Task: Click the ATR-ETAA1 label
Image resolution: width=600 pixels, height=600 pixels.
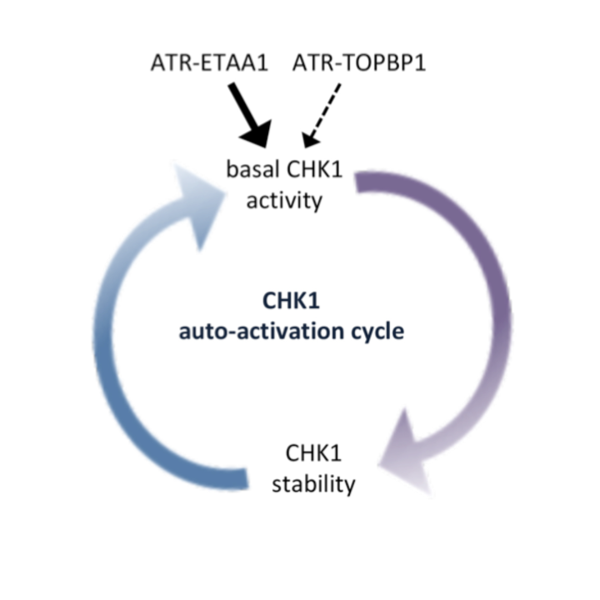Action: pos(209,62)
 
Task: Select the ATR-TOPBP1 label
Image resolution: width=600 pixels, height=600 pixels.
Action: pos(359,62)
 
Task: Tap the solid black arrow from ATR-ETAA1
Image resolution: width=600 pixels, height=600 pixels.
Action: pos(250,115)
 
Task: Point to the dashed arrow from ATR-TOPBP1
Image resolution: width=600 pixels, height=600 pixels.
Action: pos(322,116)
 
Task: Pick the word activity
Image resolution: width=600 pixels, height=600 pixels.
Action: pos(284,201)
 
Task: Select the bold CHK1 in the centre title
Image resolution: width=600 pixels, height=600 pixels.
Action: pos(291,300)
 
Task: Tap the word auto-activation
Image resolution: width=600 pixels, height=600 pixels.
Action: pos(262,332)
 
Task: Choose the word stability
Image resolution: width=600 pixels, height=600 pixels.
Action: pos(313,484)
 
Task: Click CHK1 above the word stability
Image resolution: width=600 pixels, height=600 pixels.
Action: pos(313,453)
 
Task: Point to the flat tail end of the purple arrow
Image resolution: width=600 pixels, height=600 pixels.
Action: pos(357,182)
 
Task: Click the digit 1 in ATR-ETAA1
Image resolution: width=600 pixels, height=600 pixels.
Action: pos(262,62)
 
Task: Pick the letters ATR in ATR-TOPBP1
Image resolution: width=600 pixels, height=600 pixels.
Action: pos(312,62)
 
